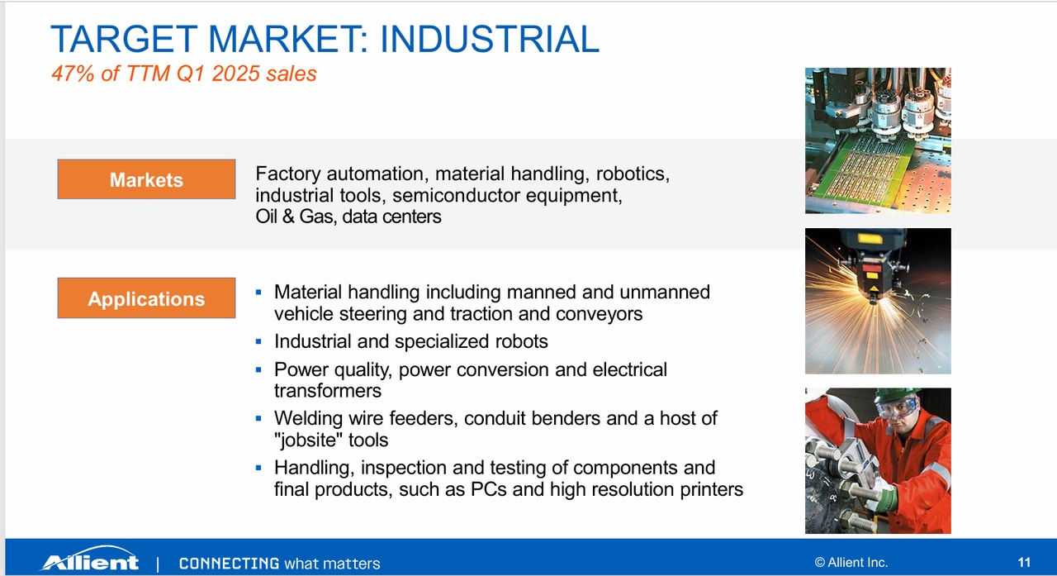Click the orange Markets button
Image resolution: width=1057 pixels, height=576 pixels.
point(146,179)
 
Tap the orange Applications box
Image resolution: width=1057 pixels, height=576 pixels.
point(146,298)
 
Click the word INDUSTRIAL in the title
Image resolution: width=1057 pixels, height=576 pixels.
point(490,39)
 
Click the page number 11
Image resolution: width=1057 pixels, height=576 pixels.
point(1024,562)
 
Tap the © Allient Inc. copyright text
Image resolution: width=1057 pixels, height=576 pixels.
point(851,562)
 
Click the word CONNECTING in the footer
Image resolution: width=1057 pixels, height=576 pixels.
point(229,564)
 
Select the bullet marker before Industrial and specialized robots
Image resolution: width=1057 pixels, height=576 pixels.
point(258,341)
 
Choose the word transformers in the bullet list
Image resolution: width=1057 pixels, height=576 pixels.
point(328,391)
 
